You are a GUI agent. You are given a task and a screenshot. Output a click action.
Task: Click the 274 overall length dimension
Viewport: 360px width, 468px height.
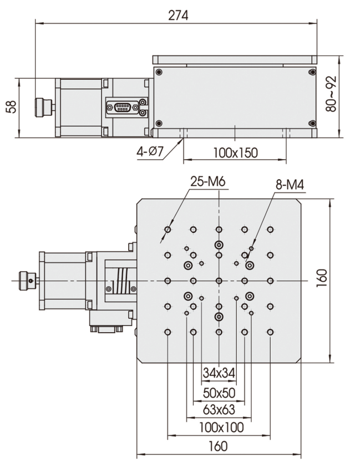click(x=178, y=15)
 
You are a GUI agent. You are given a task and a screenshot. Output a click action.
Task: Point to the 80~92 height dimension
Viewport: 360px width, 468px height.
click(x=332, y=94)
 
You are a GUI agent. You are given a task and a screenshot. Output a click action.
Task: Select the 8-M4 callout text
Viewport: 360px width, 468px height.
click(x=290, y=185)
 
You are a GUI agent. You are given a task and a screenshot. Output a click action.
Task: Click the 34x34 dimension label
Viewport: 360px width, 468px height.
click(x=219, y=373)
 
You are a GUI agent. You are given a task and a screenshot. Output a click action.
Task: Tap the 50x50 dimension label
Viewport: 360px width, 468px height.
click(x=219, y=393)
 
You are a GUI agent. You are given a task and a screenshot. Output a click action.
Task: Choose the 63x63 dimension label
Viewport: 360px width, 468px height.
click(x=219, y=410)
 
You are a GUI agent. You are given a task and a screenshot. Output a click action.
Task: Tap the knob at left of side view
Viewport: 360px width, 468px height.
click(x=42, y=107)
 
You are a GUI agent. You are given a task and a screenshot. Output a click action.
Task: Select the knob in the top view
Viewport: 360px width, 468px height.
click(x=26, y=281)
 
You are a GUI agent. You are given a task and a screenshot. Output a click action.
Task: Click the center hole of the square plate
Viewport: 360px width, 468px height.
click(x=219, y=281)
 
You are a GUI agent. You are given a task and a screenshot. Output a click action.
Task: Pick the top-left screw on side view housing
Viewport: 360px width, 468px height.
click(x=159, y=72)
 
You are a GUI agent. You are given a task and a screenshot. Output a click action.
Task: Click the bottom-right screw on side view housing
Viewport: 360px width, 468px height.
click(x=312, y=123)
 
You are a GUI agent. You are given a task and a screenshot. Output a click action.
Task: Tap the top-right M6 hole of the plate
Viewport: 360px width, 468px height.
click(x=270, y=230)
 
